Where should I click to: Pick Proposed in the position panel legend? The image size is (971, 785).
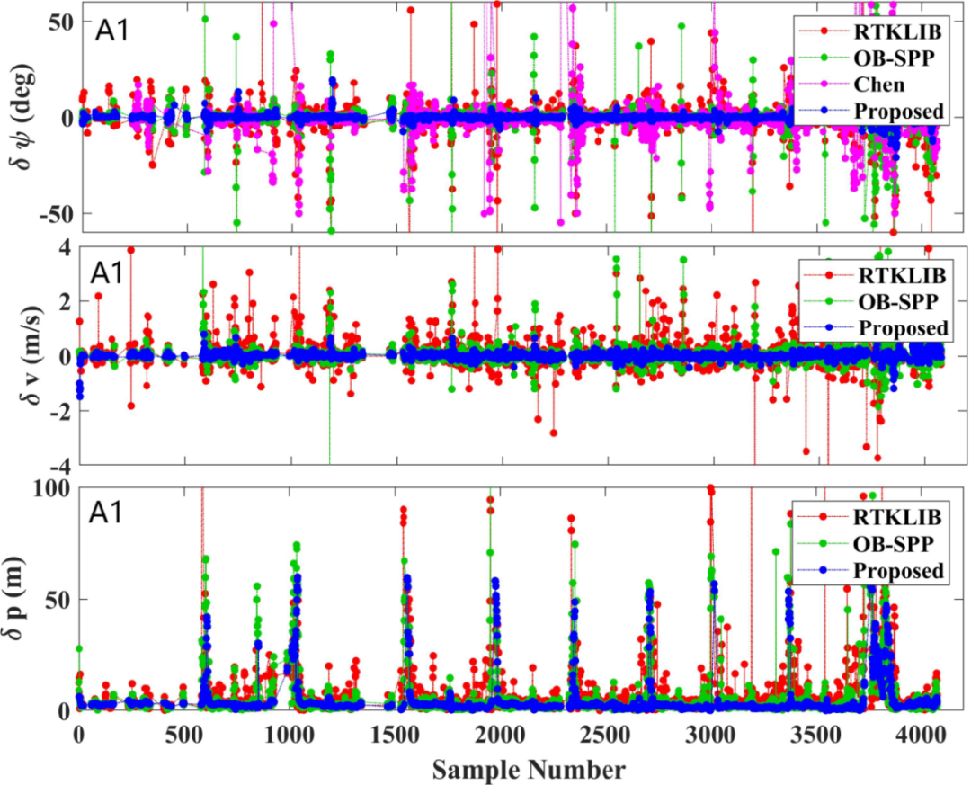click(x=898, y=571)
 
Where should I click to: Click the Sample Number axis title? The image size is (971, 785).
click(x=529, y=770)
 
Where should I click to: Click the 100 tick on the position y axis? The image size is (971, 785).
click(x=52, y=488)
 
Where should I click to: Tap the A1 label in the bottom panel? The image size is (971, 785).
click(x=112, y=514)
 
